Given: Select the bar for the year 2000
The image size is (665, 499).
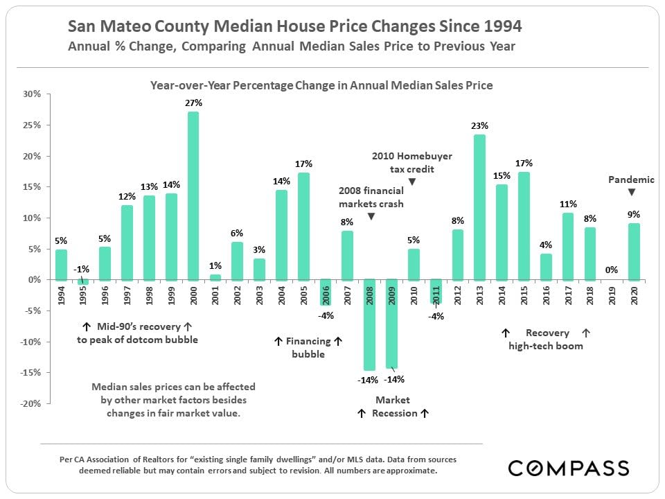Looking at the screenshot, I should coord(193,195).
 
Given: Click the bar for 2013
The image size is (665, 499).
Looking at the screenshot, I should coord(479,207).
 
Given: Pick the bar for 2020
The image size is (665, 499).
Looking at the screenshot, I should coord(633,252).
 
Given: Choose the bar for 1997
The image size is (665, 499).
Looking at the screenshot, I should coord(127,243).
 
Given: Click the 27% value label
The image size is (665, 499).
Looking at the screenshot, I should coord(193,103).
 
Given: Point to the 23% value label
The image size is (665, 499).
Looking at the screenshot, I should coord(479,126).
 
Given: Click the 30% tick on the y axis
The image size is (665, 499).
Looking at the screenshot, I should coord(33,94).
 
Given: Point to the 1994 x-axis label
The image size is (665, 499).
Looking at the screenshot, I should coord(61,295).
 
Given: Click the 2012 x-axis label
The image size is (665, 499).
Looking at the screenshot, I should coord(457,295).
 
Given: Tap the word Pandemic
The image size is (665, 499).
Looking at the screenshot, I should coord(631,180).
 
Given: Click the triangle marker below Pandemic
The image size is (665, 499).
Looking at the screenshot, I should coord(631,192).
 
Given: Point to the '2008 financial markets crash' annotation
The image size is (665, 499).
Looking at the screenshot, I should coord(371,197).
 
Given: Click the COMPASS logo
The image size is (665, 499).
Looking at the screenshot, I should coord(568,468).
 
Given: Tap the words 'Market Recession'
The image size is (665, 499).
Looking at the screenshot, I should coord(393,407).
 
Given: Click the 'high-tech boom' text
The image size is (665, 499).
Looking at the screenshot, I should coord(545,345).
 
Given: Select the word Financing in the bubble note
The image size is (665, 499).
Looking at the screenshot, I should coord(308,341).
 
